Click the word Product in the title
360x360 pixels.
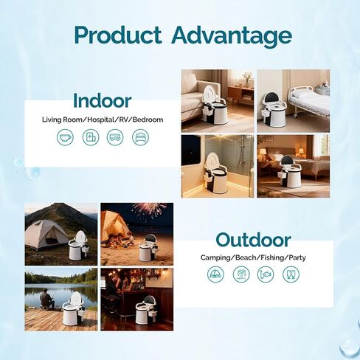tap(118, 35)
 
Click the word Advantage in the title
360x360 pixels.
tap(232, 36)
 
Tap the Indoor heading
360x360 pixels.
tap(103, 101)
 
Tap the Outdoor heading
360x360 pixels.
tap(253, 240)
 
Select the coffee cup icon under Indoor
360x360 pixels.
tap(65, 137)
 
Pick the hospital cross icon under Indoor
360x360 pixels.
tap(91, 137)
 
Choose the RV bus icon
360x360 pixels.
tap(115, 137)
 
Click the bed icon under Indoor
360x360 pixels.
tap(140, 137)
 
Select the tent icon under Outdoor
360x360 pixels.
tap(215, 274)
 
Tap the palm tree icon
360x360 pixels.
tap(241, 274)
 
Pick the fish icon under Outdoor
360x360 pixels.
tap(266, 274)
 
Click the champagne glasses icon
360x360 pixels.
tap(291, 274)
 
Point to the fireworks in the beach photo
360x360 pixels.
tap(150, 210)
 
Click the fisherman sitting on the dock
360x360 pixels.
tap(46, 299)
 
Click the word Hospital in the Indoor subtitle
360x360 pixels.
tap(100, 120)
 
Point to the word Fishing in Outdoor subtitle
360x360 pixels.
tap(272, 258)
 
